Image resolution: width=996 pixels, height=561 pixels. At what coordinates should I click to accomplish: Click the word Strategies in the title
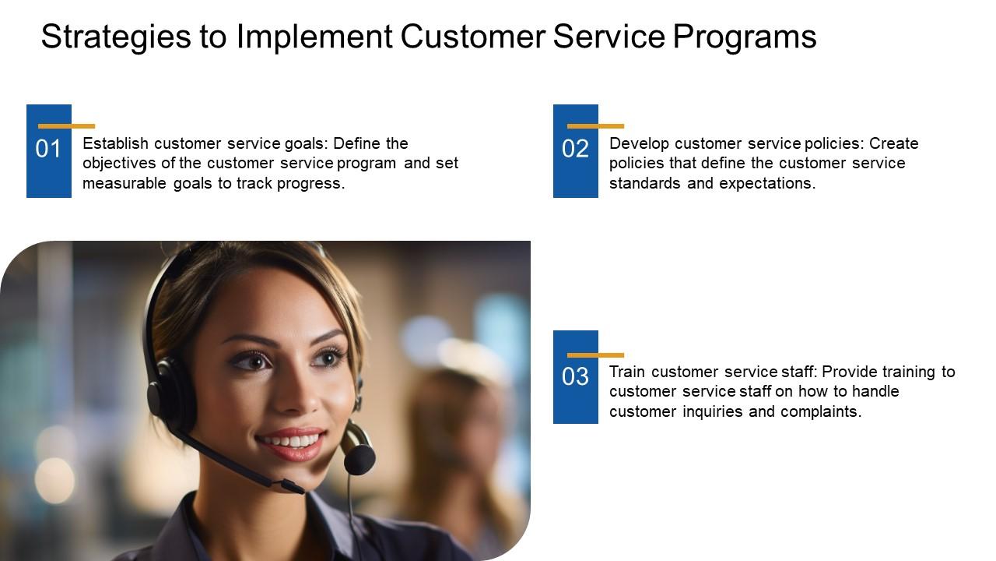coord(116,37)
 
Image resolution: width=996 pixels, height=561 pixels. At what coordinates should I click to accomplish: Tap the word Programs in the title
coord(745,37)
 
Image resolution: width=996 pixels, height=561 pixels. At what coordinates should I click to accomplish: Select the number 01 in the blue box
coord(48,149)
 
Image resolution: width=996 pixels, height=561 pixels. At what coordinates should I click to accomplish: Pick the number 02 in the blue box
coord(575,149)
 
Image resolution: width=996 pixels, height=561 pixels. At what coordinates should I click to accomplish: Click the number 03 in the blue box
coord(575,376)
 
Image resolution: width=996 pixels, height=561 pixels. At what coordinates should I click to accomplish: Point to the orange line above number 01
coord(66,126)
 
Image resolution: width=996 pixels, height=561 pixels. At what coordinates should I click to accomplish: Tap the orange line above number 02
coord(595,126)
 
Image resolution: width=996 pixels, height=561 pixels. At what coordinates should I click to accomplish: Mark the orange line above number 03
coord(595,355)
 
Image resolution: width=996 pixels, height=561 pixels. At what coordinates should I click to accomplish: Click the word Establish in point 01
coord(116,143)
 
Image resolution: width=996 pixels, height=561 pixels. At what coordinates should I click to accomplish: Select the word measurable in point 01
coord(124,183)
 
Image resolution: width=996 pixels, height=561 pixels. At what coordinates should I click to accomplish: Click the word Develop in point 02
coord(639,144)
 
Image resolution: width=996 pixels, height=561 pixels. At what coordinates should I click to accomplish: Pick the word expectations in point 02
coord(767,184)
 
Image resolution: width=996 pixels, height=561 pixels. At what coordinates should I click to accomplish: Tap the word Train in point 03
coord(627,372)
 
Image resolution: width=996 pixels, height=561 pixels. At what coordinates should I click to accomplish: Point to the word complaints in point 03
coord(821,412)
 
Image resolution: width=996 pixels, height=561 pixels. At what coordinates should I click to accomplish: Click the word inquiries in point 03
coord(712,412)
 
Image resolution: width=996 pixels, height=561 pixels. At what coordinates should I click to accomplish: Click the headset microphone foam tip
coord(359,459)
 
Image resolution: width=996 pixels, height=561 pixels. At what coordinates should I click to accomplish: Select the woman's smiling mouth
coord(291,442)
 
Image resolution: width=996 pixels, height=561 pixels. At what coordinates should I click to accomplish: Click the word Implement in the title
coord(314,37)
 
